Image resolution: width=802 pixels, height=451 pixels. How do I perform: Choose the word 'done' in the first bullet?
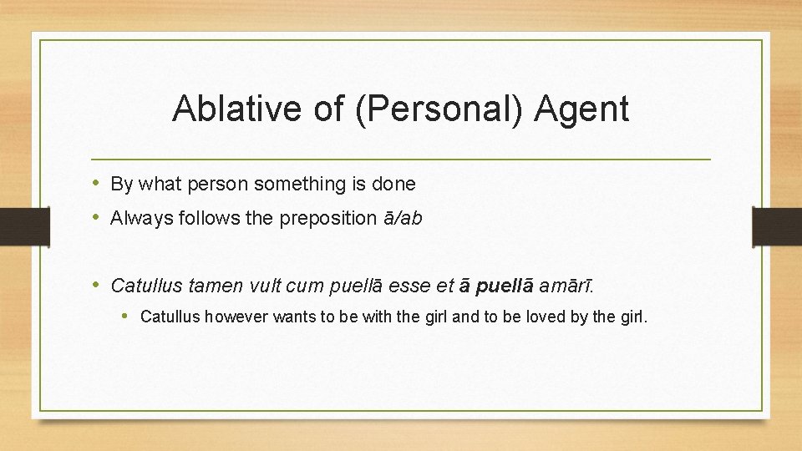click(396, 184)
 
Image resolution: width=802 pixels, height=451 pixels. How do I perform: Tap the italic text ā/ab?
click(403, 219)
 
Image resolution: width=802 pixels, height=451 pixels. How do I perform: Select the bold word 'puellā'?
click(504, 286)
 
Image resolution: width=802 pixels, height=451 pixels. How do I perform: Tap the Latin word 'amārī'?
click(566, 286)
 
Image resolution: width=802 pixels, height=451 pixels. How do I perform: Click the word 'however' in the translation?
click(235, 317)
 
